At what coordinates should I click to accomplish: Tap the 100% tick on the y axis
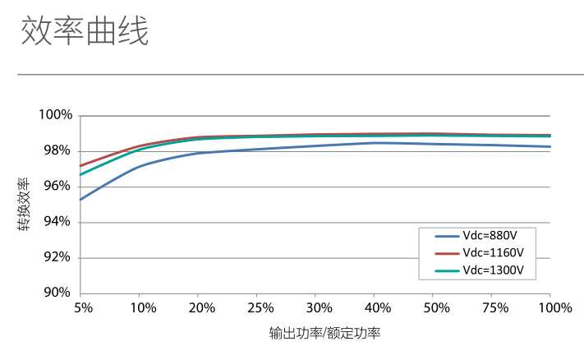pos(56,115)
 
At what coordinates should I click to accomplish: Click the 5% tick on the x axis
pos(82,308)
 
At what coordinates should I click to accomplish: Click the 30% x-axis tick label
pos(318,308)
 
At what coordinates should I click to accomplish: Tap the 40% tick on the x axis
pos(377,308)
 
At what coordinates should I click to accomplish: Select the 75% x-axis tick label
pos(494,308)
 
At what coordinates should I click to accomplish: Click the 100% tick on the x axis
pos(554,308)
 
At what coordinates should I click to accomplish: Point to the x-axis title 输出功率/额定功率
pos(324,334)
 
